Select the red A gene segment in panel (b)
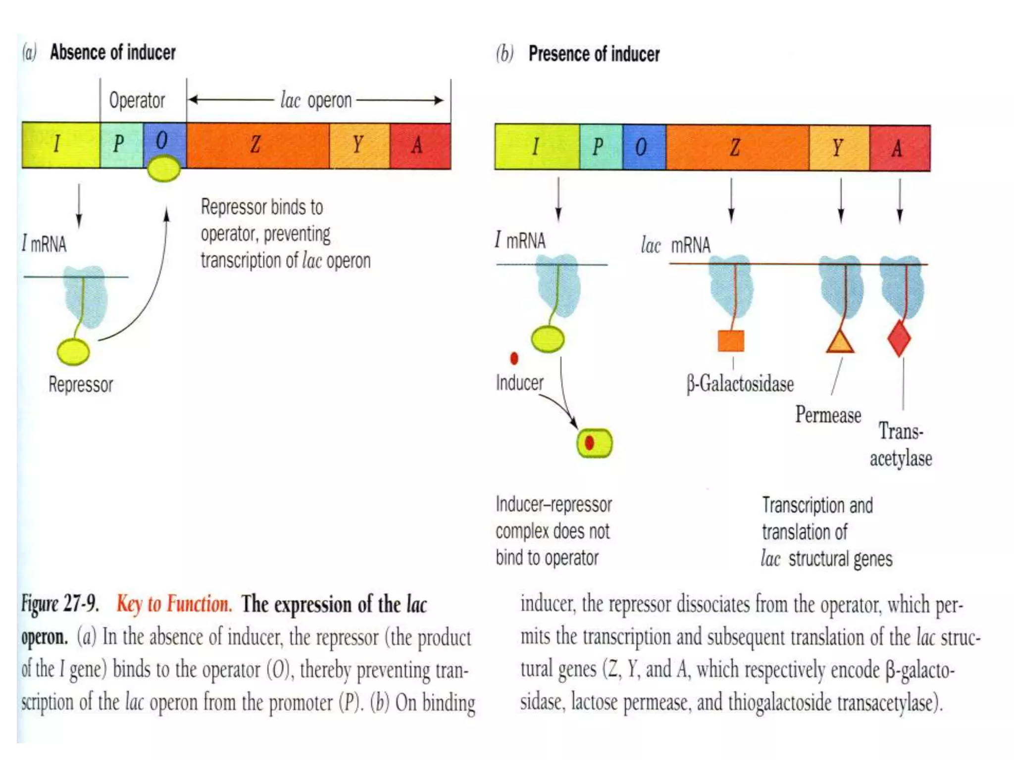(x=900, y=148)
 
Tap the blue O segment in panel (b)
(x=644, y=147)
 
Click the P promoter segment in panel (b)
(x=601, y=147)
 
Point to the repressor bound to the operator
(x=164, y=168)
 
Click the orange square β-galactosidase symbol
(x=731, y=340)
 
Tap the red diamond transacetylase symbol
(x=899, y=338)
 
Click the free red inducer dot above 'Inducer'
(x=514, y=358)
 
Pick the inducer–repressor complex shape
(x=594, y=443)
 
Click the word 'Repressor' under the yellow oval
(x=81, y=384)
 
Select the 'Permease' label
(x=828, y=415)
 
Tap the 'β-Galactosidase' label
(x=740, y=384)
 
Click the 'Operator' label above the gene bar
(x=137, y=100)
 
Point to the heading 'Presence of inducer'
(x=594, y=54)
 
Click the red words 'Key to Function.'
(x=174, y=604)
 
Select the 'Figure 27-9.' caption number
(x=60, y=604)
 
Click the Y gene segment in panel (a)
(x=359, y=145)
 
